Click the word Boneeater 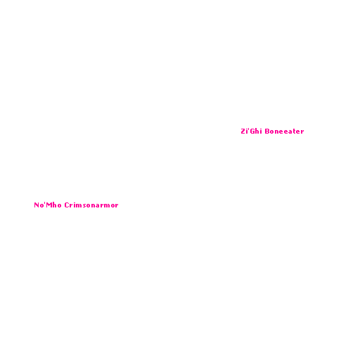(x=284, y=131)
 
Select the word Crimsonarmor (x=91, y=205)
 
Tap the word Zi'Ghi (x=251, y=131)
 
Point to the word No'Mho (x=48, y=205)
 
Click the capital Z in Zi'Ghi (x=243, y=131)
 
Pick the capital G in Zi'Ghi (x=252, y=131)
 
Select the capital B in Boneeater (x=267, y=131)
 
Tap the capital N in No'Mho (x=37, y=205)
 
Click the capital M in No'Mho (x=49, y=205)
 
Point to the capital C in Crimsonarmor (x=67, y=205)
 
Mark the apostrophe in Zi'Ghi (x=248, y=129)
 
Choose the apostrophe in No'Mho (x=45, y=203)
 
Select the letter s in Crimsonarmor (x=85, y=206)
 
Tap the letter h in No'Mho (x=54, y=205)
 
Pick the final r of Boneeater (x=302, y=132)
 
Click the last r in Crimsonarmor (x=117, y=206)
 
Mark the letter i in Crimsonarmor (x=75, y=205)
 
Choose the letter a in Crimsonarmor (x=98, y=206)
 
